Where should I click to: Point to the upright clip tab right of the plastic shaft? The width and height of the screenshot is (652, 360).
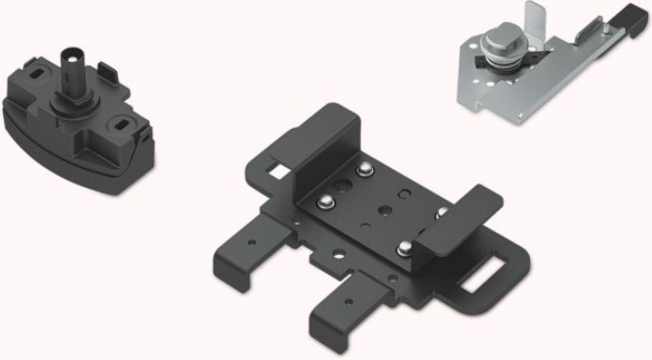108,72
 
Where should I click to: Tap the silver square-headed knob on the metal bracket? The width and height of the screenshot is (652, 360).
500,38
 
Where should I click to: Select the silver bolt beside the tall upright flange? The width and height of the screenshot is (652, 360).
326,202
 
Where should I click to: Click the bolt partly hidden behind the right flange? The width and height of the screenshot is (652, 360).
442,212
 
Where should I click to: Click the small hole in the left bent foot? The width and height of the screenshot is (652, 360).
252,242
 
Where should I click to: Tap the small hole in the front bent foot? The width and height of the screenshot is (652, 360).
348,300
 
